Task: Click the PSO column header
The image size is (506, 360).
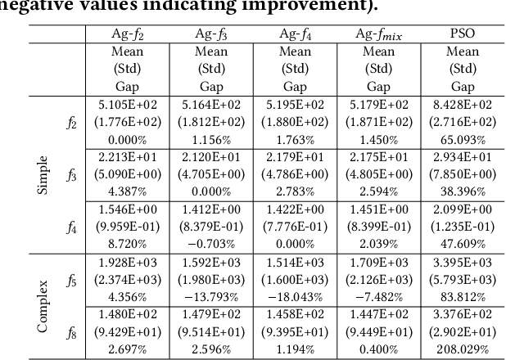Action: tap(463, 34)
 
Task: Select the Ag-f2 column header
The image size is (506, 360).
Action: tap(130, 34)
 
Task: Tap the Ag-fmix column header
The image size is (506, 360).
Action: tap(377, 34)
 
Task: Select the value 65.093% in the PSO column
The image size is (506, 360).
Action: tap(463, 137)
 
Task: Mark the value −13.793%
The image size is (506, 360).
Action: tap(211, 296)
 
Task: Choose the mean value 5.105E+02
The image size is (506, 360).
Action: tap(130, 105)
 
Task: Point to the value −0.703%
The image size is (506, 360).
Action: tap(211, 244)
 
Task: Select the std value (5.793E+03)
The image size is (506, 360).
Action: tap(463, 280)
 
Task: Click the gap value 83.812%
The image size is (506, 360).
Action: tap(463, 296)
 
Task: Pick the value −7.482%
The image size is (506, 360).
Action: tap(377, 296)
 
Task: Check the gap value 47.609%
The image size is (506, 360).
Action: tap(463, 244)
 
